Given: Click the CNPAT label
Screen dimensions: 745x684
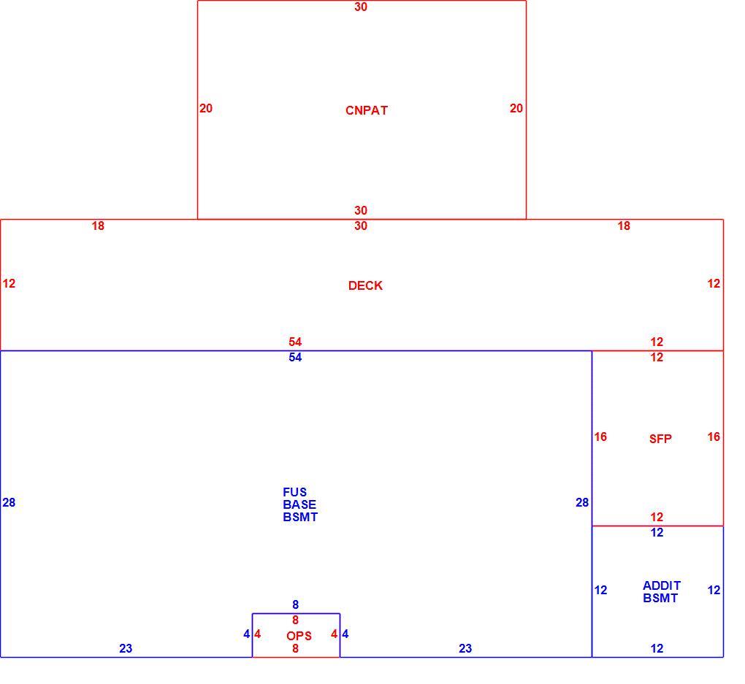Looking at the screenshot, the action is (367, 110).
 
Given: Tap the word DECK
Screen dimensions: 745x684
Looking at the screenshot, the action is (365, 285).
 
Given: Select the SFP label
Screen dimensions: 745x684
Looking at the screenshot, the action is (660, 439).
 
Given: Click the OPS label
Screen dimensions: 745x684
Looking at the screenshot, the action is (299, 636).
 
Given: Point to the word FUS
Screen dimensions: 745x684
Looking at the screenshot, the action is (294, 492).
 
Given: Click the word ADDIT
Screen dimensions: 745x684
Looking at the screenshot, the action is (662, 585).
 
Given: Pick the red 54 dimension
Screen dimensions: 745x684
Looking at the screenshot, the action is (295, 342).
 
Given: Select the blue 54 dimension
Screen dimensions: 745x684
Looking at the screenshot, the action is (295, 357).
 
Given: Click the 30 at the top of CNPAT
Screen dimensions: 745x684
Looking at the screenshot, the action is (361, 7).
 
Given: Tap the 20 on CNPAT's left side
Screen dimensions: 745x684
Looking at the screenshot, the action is (206, 108).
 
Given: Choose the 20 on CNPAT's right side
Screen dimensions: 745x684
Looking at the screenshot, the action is (516, 108).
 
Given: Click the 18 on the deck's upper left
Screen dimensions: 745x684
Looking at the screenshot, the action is (98, 226).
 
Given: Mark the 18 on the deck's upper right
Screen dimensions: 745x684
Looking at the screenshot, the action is (624, 226).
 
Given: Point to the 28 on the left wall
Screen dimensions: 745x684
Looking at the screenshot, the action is (9, 502).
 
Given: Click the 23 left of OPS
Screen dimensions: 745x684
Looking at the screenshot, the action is (126, 648).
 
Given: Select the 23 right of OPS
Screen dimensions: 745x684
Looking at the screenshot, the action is (465, 648).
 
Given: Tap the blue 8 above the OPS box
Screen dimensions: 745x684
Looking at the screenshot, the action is (296, 604).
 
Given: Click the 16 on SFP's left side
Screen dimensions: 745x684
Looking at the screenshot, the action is (600, 437).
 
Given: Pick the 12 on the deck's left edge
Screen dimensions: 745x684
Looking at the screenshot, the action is (9, 283).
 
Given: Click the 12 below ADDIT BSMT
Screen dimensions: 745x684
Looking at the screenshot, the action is (657, 648).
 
